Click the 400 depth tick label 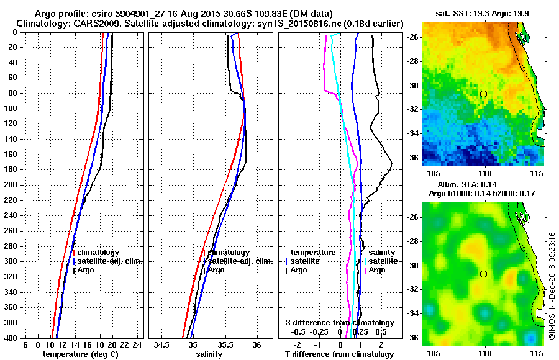coord(11,338)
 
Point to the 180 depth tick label coord(11,169)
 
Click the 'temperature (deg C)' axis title coord(80,354)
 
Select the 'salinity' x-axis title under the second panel coord(210,354)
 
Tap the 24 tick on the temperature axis coord(138,345)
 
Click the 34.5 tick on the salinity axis coord(162,345)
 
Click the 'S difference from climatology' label coord(339,323)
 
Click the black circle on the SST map coord(483,94)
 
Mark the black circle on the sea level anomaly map coord(483,274)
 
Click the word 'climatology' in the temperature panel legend coord(98,253)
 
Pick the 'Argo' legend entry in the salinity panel coord(216,270)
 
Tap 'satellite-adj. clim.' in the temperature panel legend coord(109,261)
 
